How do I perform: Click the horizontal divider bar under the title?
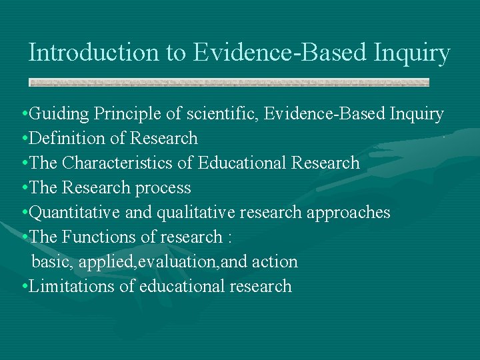coord(229,83)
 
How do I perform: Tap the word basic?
coord(52,262)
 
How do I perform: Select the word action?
coord(275,262)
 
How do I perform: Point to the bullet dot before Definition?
coord(24,139)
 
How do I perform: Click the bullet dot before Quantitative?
coord(24,213)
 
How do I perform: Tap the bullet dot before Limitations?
coord(24,287)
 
